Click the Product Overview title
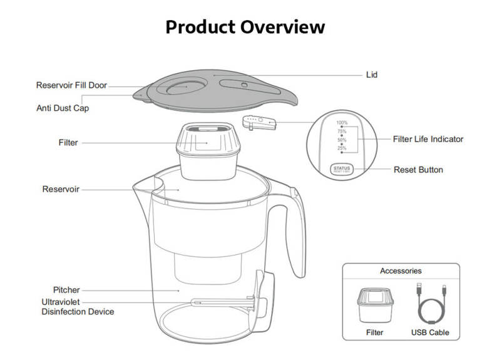pos(245,27)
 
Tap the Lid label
pos(371,75)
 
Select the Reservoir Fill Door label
pos(71,86)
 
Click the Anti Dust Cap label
pos(63,108)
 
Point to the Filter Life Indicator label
pos(428,139)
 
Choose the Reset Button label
pos(418,170)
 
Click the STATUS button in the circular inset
pos(342,169)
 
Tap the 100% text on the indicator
pos(342,123)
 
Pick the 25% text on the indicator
pos(342,148)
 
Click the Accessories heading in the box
pos(401,271)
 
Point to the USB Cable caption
pos(430,332)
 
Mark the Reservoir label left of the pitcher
pos(61,188)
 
